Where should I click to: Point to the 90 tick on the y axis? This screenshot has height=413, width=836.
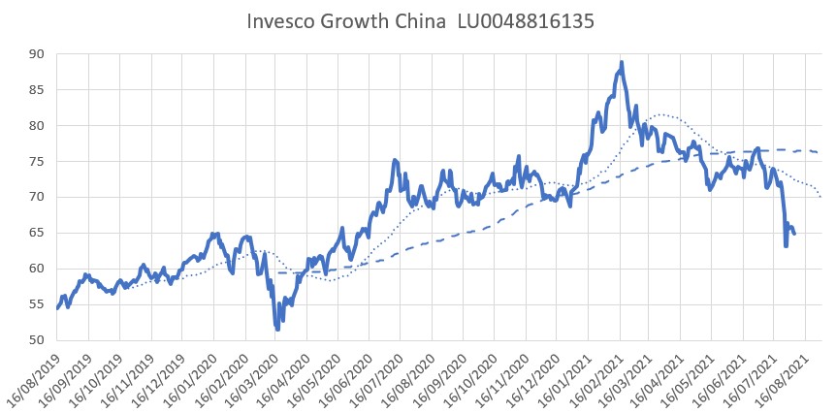tap(37, 54)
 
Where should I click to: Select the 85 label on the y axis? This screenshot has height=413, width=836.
tap(37, 90)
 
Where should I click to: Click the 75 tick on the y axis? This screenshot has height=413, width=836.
tap(37, 162)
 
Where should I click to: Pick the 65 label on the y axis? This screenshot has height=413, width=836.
tap(37, 234)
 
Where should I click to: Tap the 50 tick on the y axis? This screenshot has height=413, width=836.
tap(37, 340)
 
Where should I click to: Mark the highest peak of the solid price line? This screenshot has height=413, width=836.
tap(621, 62)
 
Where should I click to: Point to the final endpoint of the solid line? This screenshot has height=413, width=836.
tap(794, 234)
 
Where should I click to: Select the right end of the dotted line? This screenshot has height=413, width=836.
tap(821, 198)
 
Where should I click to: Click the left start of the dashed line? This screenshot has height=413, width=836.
tap(278, 272)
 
